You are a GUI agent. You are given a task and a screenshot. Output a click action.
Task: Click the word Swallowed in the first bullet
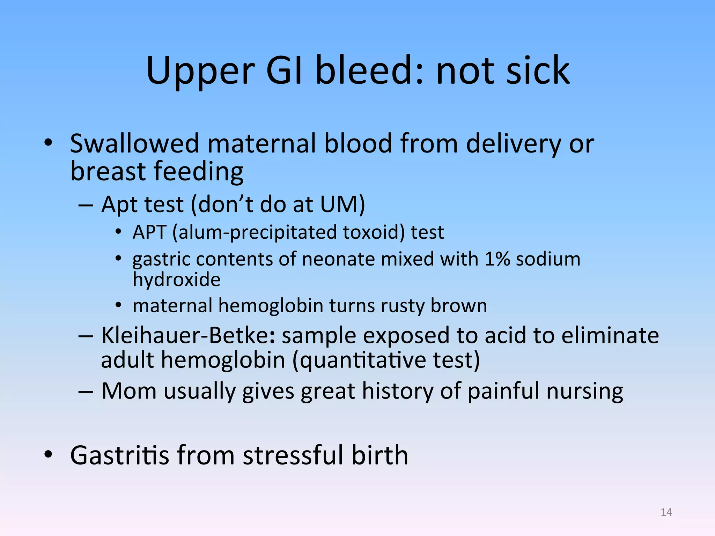tap(134, 143)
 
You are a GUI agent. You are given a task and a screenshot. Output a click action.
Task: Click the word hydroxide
tap(177, 280)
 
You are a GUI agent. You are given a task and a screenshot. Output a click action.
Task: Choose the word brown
tap(458, 306)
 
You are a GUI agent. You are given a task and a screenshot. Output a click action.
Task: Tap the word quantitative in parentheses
tap(363, 360)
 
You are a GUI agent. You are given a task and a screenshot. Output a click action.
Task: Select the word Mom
tap(129, 391)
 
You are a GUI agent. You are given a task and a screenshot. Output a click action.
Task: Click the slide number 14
tap(666, 512)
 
